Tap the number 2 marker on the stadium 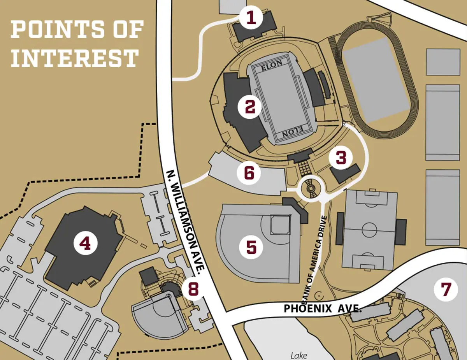pos(249,107)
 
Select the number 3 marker pos(341,158)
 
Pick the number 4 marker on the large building pos(85,244)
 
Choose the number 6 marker pos(249,173)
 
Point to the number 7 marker pos(446,289)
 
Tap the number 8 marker pos(193,289)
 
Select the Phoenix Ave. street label pos(323,309)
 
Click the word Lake pos(299,355)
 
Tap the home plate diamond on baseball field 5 pos(281,225)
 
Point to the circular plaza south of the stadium pos(310,188)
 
